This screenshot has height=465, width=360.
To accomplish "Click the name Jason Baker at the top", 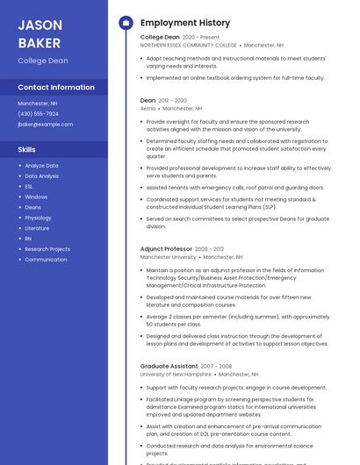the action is click(x=40, y=33).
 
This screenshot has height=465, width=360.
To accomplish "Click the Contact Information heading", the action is click(x=56, y=87).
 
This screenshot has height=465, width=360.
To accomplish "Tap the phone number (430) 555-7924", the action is click(x=38, y=113).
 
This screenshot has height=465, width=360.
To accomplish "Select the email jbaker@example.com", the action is click(x=45, y=124).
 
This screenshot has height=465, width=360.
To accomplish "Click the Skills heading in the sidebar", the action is click(x=26, y=149).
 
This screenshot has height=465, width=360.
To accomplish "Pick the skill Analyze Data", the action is click(x=41, y=165).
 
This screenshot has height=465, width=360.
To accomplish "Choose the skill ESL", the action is click(x=29, y=186).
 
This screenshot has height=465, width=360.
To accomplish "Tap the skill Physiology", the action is click(x=38, y=218).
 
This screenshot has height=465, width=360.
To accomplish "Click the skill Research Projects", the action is click(x=47, y=249).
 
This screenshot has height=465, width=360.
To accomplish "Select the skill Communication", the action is click(x=46, y=260).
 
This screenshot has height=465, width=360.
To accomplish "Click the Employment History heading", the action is click(x=185, y=23).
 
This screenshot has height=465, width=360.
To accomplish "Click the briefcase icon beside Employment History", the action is click(x=125, y=23).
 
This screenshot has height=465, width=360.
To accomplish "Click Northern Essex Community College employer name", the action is click(x=189, y=45).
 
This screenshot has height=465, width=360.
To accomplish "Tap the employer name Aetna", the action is click(x=148, y=108).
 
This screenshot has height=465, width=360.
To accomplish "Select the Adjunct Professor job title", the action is click(x=166, y=249).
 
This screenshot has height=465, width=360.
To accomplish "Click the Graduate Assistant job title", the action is click(x=169, y=366).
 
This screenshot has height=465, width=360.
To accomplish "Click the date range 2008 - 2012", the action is click(x=210, y=249).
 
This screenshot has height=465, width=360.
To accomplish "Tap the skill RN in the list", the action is click(x=28, y=239).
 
